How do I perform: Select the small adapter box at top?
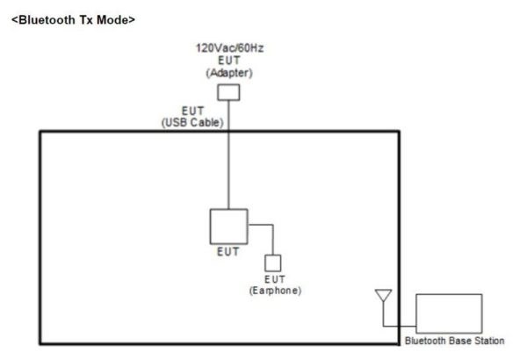(x=228, y=90)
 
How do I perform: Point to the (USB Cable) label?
(x=193, y=123)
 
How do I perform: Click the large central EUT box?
(x=228, y=226)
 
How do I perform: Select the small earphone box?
(x=273, y=263)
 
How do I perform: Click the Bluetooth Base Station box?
(x=449, y=313)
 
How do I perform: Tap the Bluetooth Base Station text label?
(x=455, y=341)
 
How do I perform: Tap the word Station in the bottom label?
(x=490, y=341)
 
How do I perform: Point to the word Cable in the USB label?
(x=207, y=123)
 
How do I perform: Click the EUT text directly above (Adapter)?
(x=228, y=60)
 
